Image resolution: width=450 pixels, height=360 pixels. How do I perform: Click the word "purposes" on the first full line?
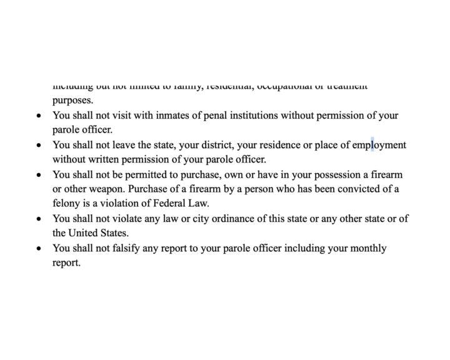pos(72,100)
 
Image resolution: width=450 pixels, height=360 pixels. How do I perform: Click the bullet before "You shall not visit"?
pos(39,116)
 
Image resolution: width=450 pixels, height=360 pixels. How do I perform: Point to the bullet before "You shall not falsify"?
pos(39,249)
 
